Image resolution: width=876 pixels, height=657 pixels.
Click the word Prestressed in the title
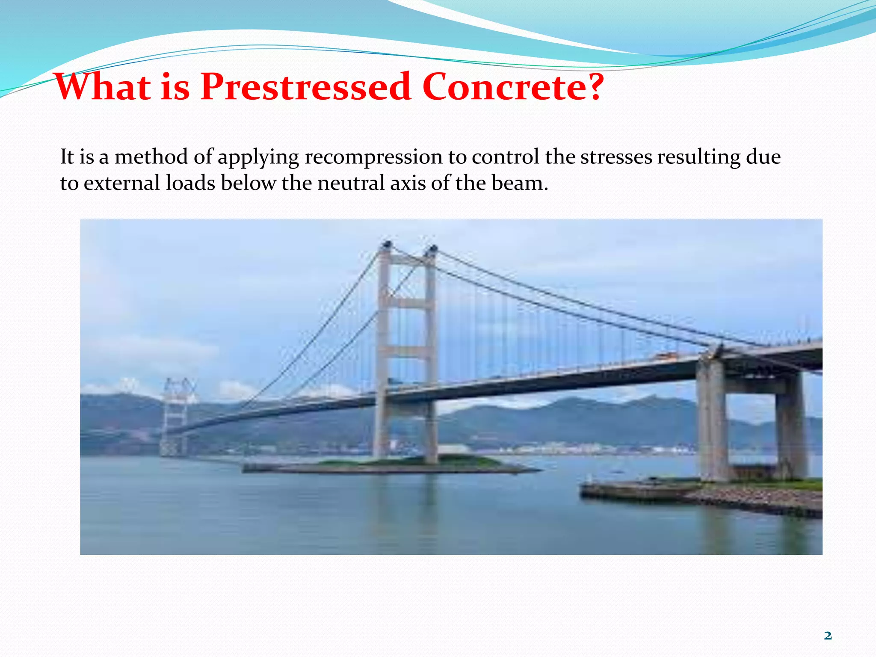pos(306,87)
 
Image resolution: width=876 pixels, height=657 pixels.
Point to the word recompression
pos(373,157)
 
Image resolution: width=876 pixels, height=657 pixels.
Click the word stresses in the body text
pos(616,157)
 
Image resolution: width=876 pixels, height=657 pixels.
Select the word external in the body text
pos(121,183)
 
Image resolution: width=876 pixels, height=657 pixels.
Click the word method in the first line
pos(151,157)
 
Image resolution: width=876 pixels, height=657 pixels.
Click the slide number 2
pos(828,636)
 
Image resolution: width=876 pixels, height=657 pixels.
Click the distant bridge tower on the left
pos(175,415)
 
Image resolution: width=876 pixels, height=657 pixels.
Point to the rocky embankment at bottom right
pos(753,500)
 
